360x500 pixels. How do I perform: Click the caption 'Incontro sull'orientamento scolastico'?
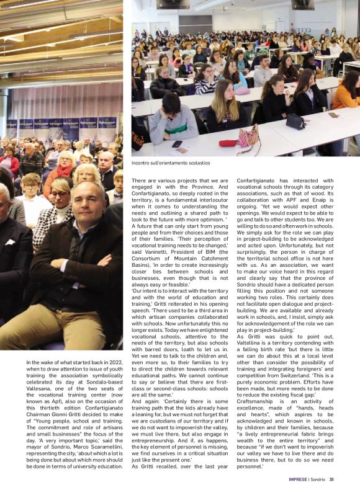[x=170, y=163]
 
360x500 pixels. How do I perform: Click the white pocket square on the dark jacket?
[x=10, y=242]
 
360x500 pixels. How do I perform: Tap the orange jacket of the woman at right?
[x=345, y=96]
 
